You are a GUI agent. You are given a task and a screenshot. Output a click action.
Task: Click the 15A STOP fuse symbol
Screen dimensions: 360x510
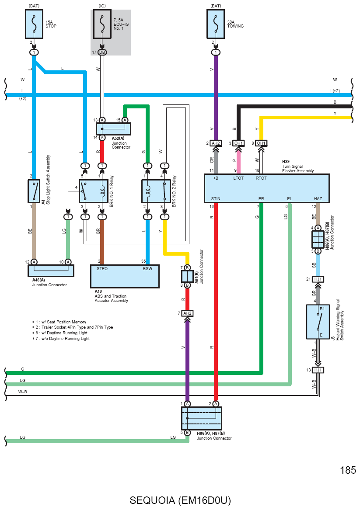pos(34,24)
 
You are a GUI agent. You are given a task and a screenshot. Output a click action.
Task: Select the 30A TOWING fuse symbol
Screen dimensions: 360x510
pos(216,24)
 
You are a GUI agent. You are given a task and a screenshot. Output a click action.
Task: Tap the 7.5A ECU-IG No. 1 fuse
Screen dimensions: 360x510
pos(102,24)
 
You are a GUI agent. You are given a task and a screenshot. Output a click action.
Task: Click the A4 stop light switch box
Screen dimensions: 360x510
pos(34,191)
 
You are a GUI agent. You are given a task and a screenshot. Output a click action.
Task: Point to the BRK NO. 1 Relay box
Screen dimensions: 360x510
pos(94,191)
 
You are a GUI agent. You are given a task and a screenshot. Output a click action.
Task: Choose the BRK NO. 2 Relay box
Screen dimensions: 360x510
pos(156,191)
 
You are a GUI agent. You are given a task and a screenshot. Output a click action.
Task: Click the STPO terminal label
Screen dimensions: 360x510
pos(102,269)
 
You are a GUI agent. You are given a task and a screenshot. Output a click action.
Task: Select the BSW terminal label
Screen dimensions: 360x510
pos(147,269)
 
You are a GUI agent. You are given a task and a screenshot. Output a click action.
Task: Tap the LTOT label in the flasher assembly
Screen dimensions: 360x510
pos(238,178)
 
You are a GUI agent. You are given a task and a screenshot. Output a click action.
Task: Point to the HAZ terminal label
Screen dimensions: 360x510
pos(318,199)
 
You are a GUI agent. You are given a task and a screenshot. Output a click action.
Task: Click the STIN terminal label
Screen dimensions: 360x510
pos(216,199)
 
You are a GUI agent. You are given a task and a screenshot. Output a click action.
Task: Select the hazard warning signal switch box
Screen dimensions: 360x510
pos(318,322)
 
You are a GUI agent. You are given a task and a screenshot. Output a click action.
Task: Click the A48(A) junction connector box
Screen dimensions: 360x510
pos(51,271)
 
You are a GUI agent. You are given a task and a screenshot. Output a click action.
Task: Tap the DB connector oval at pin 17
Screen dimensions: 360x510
pos(102,52)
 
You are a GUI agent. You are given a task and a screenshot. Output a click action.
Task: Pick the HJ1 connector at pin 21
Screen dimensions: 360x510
pos(318,279)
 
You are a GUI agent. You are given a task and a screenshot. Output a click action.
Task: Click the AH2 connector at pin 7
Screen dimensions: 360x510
pos(187,313)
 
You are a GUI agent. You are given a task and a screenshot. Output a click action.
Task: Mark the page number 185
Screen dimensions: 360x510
pos(348,470)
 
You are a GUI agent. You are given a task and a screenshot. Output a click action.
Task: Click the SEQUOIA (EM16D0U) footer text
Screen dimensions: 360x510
pos(180,500)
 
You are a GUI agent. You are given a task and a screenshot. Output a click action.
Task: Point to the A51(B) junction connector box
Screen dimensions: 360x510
pos(187,277)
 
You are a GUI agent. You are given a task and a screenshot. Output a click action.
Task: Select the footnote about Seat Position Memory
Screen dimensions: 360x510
pos(59,322)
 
